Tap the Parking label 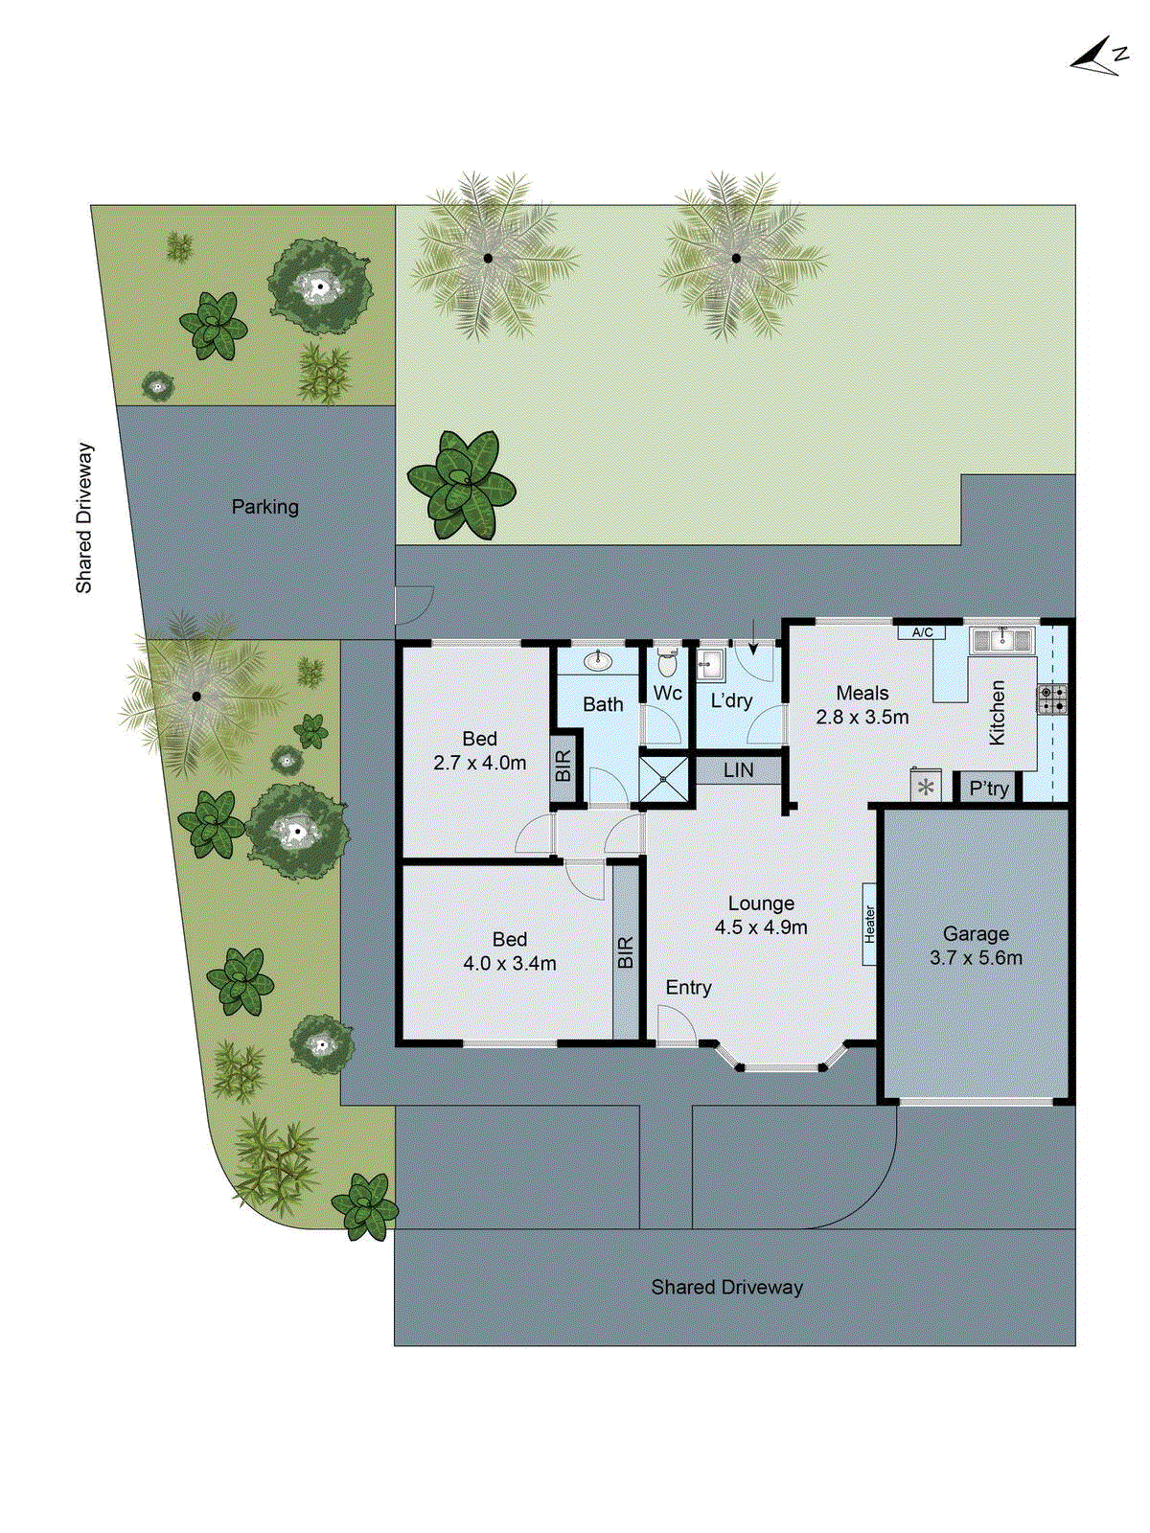tap(264, 507)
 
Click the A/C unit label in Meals tap(922, 632)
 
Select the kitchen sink tap(1002, 639)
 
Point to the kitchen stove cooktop tap(1051, 698)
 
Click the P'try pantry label tap(988, 789)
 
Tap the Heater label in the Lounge tap(869, 924)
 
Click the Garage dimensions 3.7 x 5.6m tap(976, 957)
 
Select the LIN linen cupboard tap(738, 770)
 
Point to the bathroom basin tap(598, 660)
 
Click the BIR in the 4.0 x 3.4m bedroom tap(626, 952)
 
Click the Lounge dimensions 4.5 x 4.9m tap(760, 927)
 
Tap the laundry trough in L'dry tap(709, 663)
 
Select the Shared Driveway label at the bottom tap(726, 1287)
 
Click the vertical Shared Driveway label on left tap(84, 517)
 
